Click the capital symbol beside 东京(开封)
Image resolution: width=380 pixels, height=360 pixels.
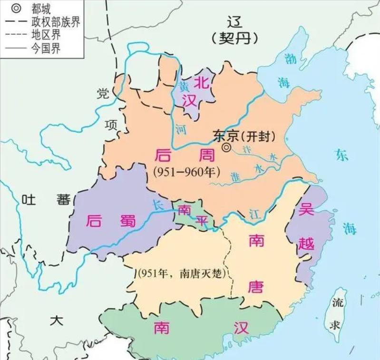[227, 148]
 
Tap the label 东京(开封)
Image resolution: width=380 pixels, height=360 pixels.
[244, 136]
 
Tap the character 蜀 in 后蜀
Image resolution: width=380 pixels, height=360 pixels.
[127, 221]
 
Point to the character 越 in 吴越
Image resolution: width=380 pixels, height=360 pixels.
[307, 243]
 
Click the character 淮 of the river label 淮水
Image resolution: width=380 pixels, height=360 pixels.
[234, 175]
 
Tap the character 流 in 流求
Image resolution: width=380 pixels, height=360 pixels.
[338, 303]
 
